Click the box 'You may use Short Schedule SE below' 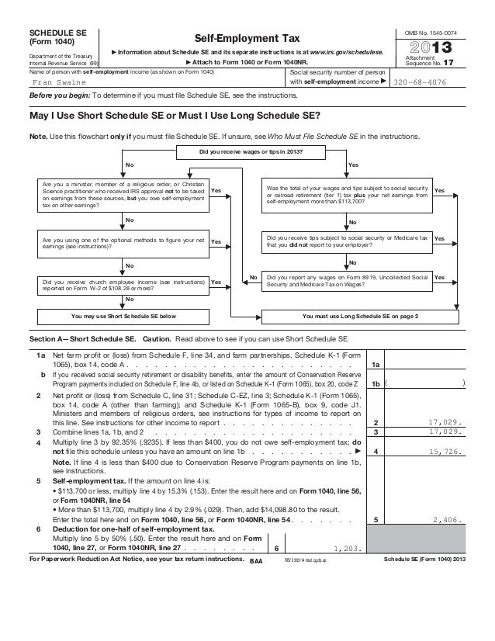(x=124, y=317)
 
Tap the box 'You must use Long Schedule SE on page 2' (x=359, y=317)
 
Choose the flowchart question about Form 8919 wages (x=346, y=280)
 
